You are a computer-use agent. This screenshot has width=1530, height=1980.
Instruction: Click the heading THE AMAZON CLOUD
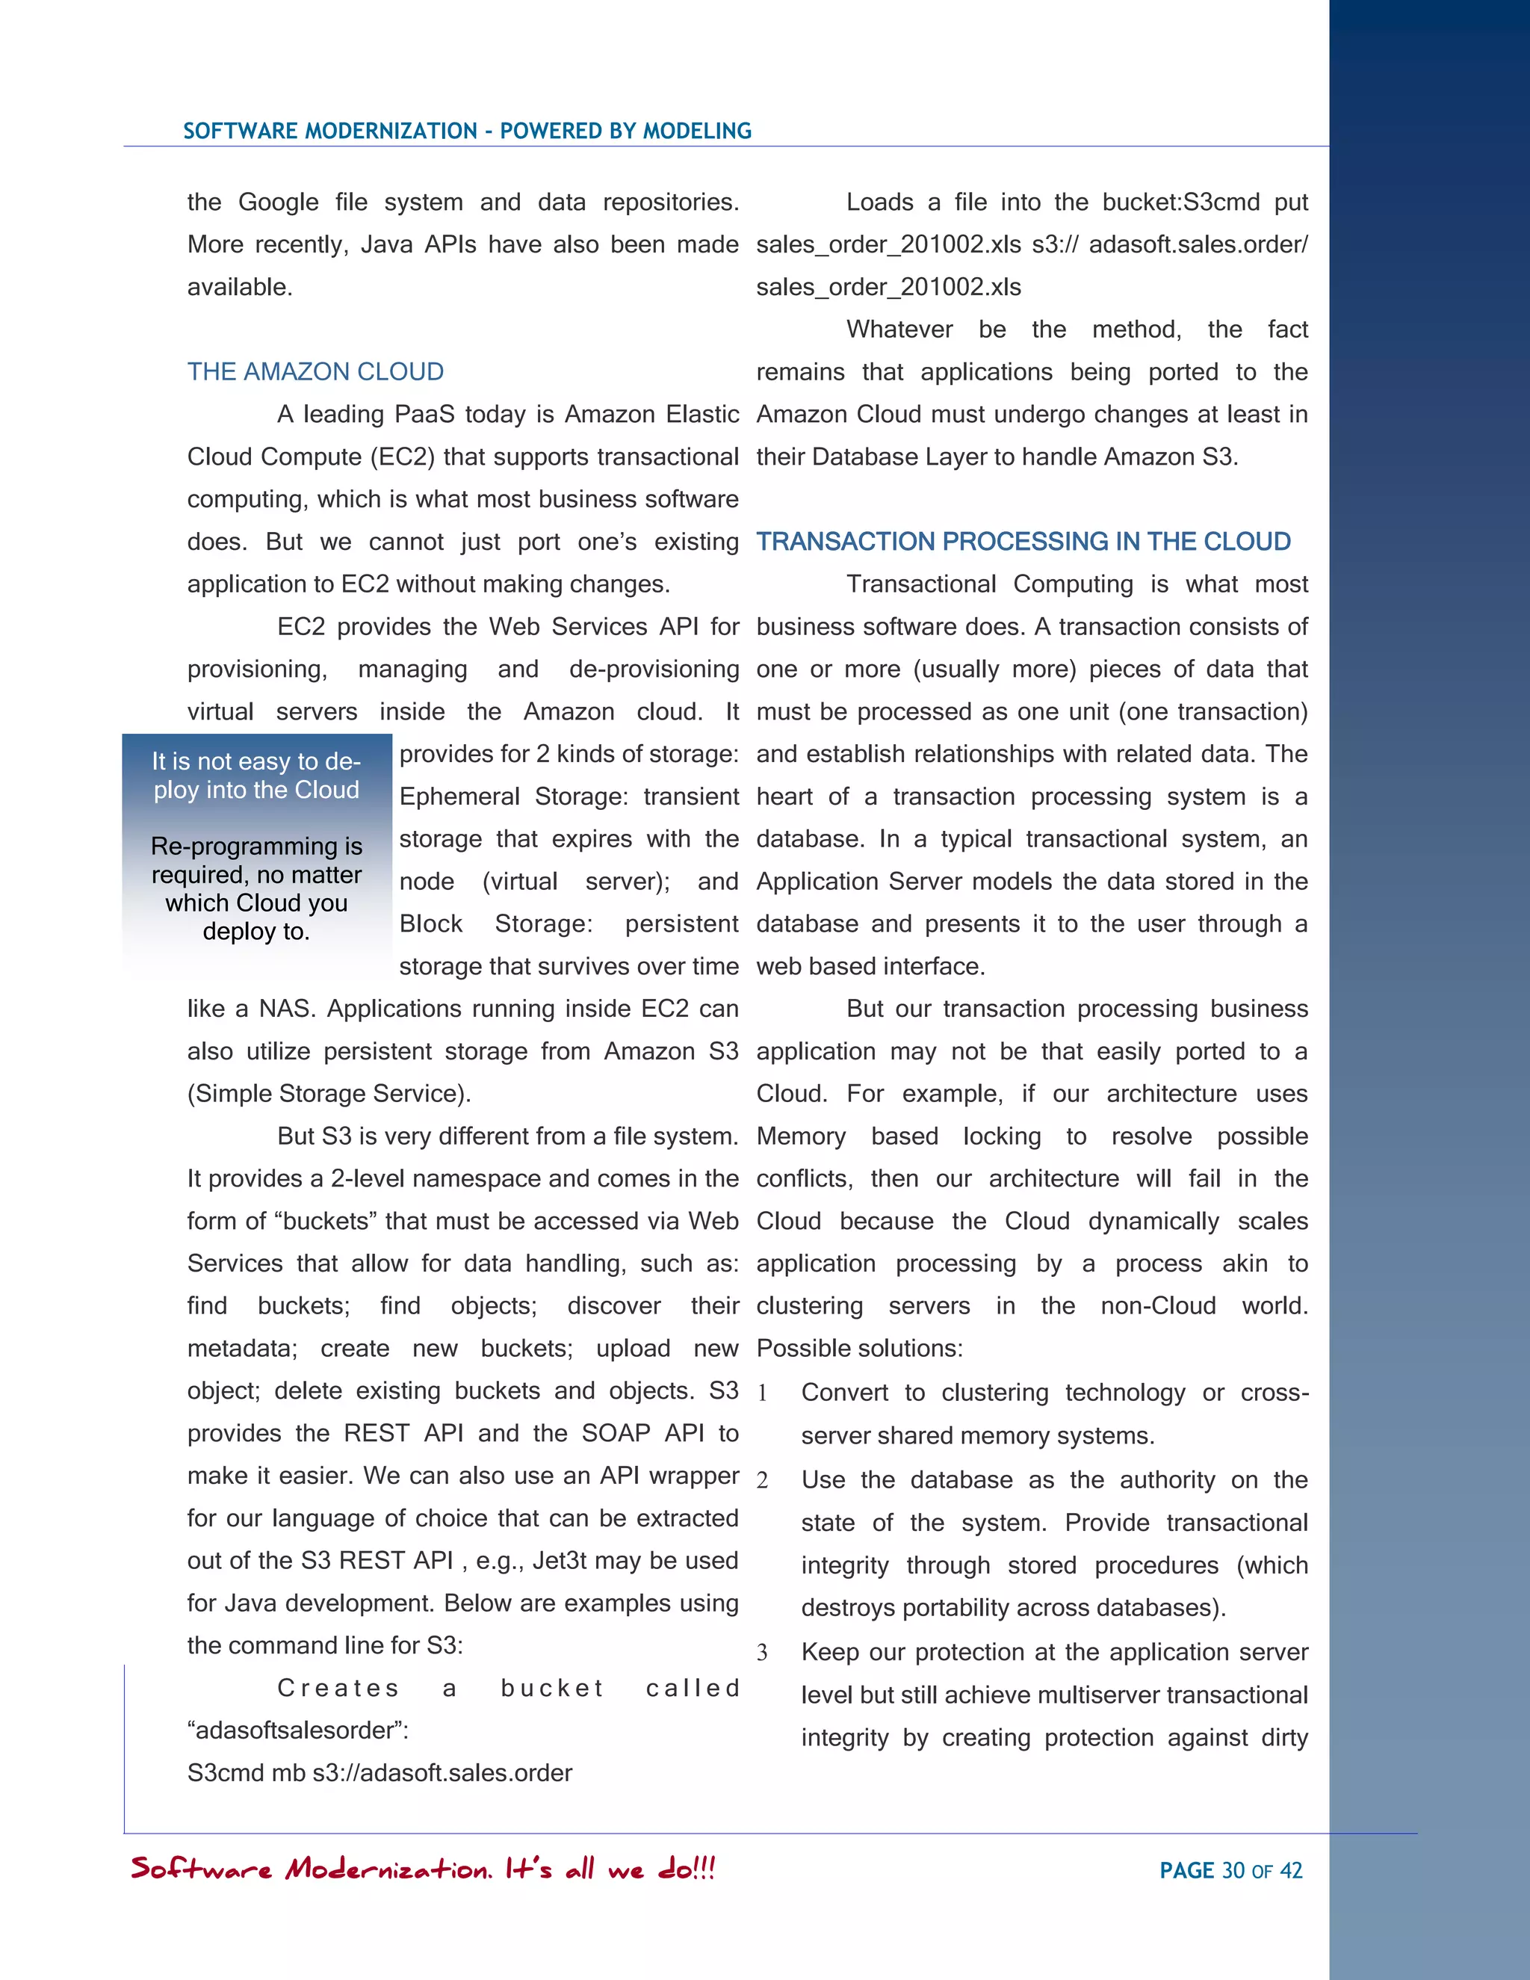[315, 371]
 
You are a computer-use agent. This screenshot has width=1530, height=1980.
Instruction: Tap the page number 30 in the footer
[1233, 1870]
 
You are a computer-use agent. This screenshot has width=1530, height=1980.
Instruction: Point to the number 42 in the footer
[1291, 1870]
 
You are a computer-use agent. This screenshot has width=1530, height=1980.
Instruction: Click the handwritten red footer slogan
[424, 1869]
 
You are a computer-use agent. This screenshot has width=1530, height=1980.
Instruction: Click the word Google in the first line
[278, 202]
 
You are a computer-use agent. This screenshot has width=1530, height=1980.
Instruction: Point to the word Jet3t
[560, 1560]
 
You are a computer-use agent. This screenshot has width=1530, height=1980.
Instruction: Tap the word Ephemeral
[459, 797]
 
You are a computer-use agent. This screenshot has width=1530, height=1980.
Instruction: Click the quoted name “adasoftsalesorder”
[297, 1730]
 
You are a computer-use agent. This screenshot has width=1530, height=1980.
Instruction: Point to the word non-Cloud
[1159, 1306]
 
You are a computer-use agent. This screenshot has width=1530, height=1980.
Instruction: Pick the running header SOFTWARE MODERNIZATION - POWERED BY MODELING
[467, 131]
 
